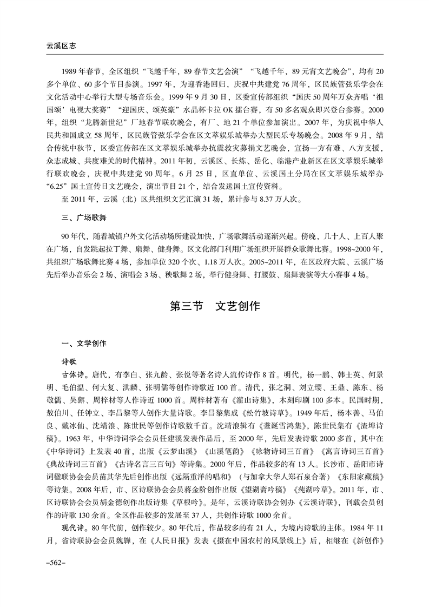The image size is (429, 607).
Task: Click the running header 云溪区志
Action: click(x=54, y=47)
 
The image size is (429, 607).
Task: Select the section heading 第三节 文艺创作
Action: click(x=215, y=306)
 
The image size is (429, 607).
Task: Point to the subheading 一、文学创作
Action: click(x=84, y=344)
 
